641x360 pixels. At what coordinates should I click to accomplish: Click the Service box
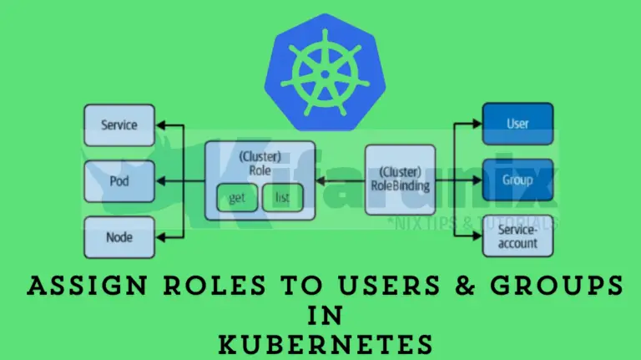tap(119, 125)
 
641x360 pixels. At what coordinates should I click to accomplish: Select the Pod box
tap(119, 181)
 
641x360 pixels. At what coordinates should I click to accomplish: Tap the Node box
tap(119, 236)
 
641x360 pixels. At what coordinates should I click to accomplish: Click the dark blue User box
tap(517, 124)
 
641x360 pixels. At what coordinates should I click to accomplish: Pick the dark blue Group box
tap(517, 180)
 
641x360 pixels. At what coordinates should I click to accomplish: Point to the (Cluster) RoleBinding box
tap(400, 180)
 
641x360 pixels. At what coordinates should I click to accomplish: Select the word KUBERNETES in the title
tap(320, 345)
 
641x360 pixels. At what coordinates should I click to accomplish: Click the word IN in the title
tap(320, 316)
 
